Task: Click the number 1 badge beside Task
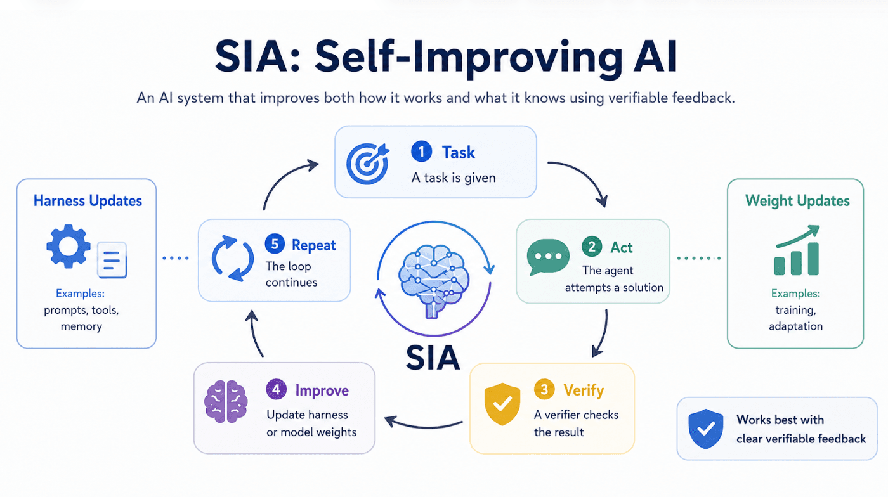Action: [x=421, y=152]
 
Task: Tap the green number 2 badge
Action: [x=592, y=247]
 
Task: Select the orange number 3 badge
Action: [x=544, y=390]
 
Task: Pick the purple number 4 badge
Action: [x=277, y=389]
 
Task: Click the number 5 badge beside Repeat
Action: [x=275, y=243]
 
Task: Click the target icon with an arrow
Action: [x=367, y=164]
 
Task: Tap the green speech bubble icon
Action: [x=548, y=257]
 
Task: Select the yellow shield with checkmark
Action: [x=502, y=404]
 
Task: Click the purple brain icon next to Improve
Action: [x=226, y=401]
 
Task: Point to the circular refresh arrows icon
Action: [x=233, y=259]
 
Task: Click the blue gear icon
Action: [x=69, y=246]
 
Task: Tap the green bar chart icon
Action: [x=797, y=250]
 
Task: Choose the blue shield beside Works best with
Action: [x=705, y=429]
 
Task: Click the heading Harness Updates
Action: [x=88, y=200]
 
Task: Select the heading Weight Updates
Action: [x=797, y=200]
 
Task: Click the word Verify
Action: [x=584, y=390]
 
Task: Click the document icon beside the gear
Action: [x=112, y=260]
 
